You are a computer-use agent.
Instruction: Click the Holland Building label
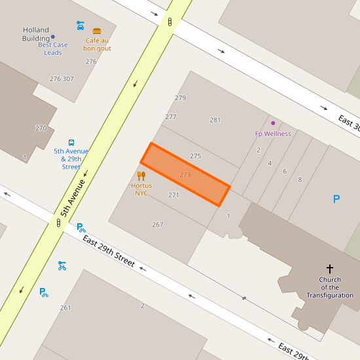point(36,34)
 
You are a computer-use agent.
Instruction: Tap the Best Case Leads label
point(53,48)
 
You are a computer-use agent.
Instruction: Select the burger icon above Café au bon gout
point(97,31)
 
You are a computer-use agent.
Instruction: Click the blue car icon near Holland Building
point(80,25)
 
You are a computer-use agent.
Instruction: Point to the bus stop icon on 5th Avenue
point(71,142)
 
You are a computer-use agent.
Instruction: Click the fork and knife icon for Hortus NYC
point(141,175)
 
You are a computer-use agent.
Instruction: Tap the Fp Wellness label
point(273,134)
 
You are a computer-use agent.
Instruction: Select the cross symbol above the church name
point(330,268)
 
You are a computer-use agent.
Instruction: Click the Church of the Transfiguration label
point(330,287)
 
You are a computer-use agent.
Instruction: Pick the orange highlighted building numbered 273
point(185,174)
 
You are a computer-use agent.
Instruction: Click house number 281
point(215,120)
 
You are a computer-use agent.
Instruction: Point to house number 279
point(181,98)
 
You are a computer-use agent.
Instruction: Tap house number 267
point(158,225)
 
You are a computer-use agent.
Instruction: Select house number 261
point(65,308)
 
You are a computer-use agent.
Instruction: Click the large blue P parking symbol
point(336,199)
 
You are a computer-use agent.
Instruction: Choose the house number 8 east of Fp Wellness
point(300,179)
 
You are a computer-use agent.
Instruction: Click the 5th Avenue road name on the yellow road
point(74,197)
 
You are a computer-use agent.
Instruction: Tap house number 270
point(41,128)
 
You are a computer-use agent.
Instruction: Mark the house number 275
point(195,156)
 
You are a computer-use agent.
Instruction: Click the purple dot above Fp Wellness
point(273,123)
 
